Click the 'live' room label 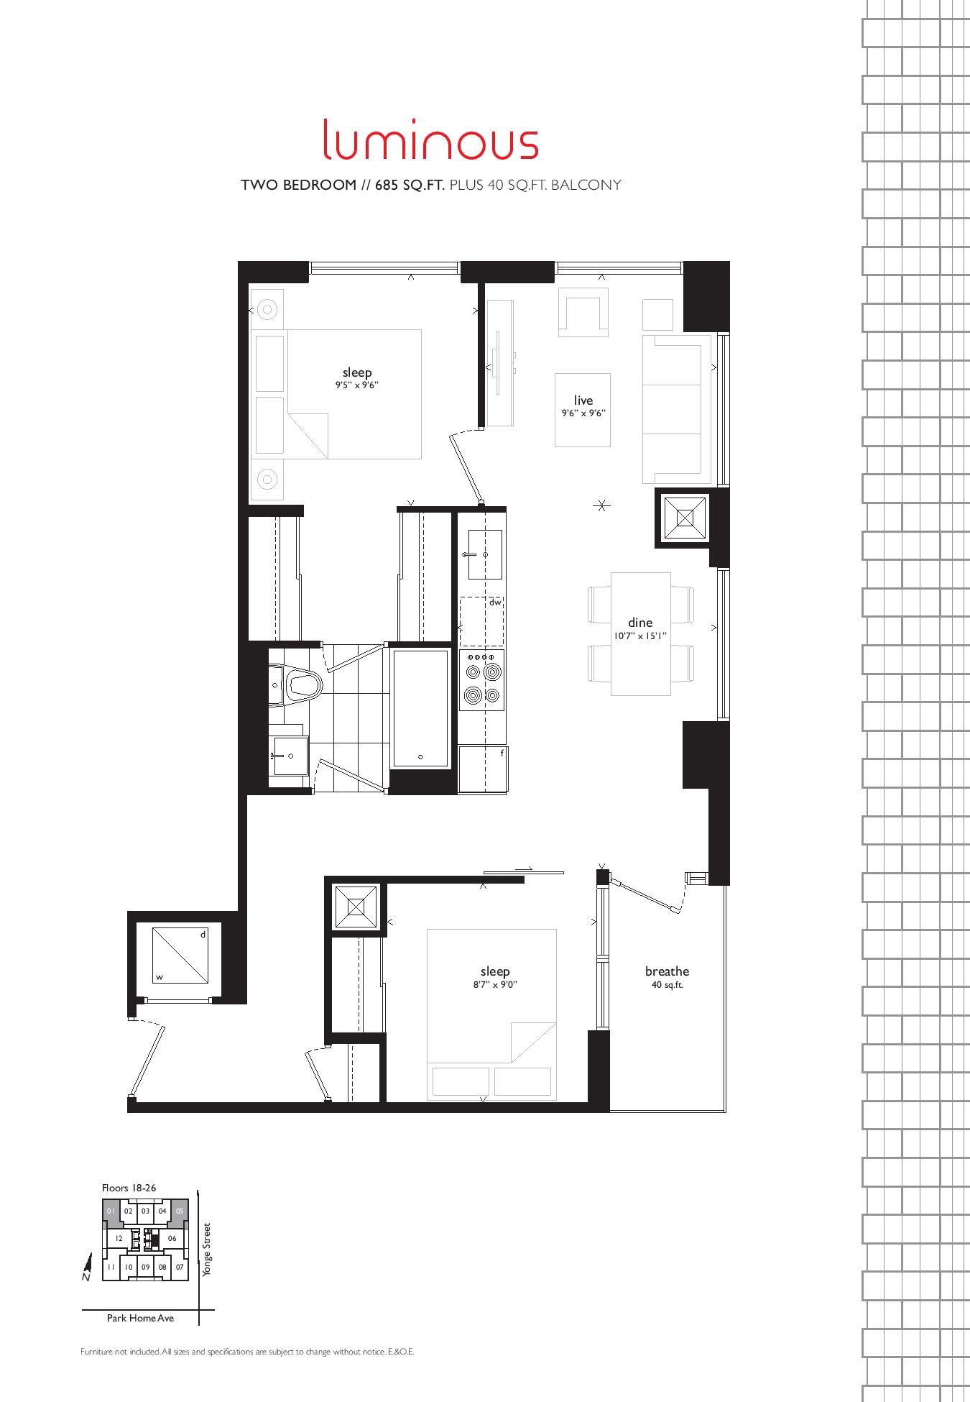point(583,400)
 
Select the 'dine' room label point(640,623)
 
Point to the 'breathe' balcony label point(667,971)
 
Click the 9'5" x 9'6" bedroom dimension point(357,385)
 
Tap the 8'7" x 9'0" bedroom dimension point(495,985)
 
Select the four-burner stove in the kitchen point(482,679)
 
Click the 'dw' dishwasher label point(495,603)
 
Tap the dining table point(641,633)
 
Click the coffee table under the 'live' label point(583,410)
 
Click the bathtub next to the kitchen point(420,708)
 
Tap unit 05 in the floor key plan point(180,1211)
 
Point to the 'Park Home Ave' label point(140,1318)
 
